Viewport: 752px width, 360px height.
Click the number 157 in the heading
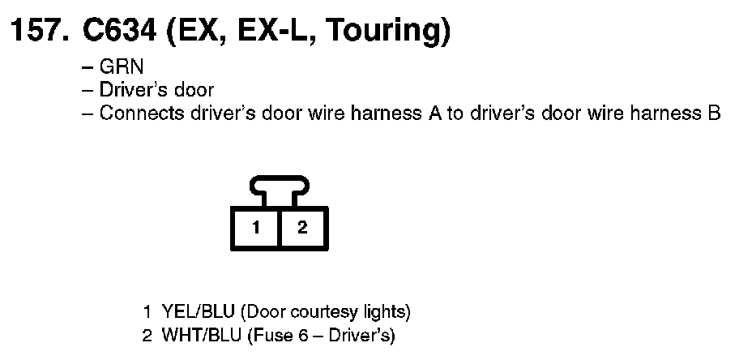pos(36,32)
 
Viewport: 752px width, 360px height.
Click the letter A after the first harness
pos(434,113)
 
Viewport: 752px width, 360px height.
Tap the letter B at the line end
pos(714,113)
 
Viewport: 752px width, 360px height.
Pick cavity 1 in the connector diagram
pos(256,227)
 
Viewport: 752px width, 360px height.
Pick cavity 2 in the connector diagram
pos(302,227)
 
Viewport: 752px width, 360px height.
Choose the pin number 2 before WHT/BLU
pos(147,334)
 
